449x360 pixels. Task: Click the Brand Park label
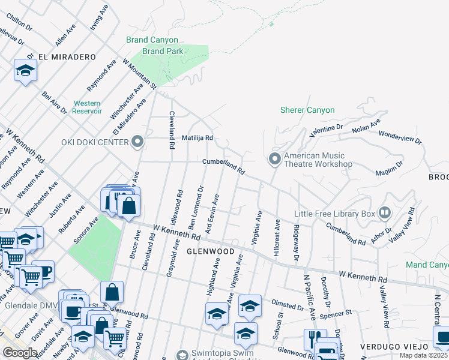point(163,51)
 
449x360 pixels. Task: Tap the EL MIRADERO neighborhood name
point(67,57)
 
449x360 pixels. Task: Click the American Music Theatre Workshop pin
point(275,159)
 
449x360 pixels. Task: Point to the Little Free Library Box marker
point(384,212)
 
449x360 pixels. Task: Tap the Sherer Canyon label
point(307,110)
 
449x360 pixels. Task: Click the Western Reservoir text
point(86,107)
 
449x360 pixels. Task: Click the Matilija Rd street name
point(198,137)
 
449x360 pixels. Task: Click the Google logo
point(19,353)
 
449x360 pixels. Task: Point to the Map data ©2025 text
point(424,356)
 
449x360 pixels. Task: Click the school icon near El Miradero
point(25,71)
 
